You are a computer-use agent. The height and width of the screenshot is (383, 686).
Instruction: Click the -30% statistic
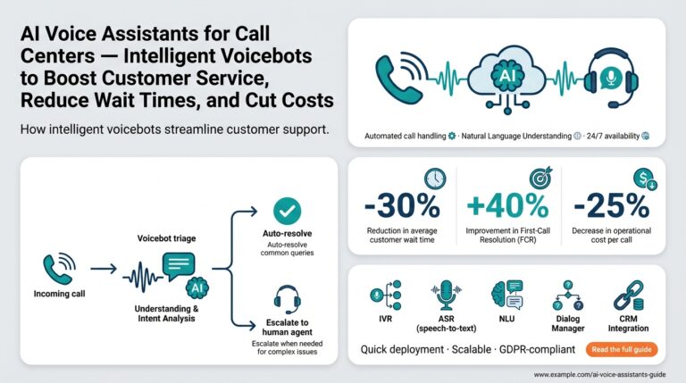402,207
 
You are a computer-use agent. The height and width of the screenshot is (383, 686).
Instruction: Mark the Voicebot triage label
167,239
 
